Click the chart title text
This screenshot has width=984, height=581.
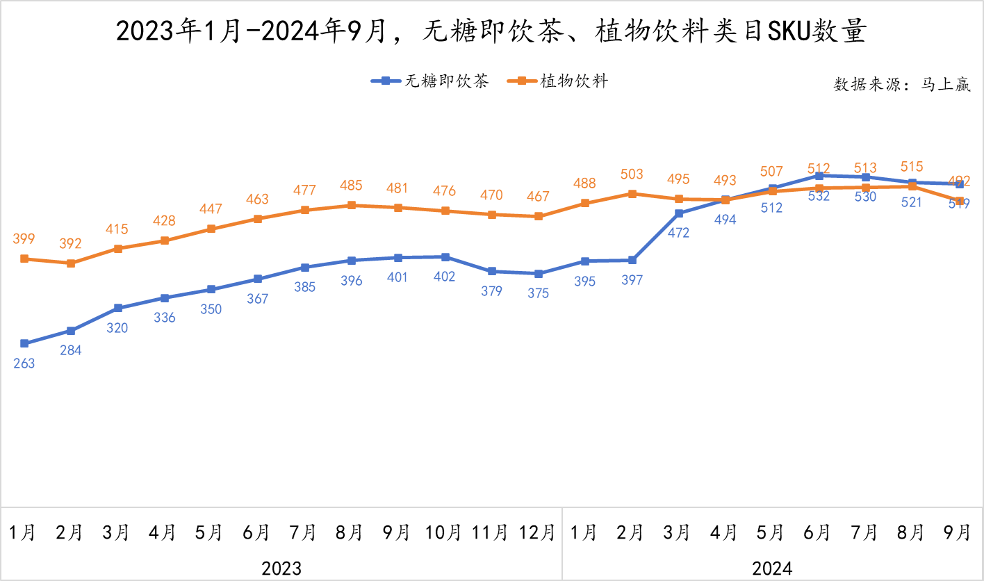(x=491, y=32)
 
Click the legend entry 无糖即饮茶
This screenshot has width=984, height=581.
(x=430, y=81)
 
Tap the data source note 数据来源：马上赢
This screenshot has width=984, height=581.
(x=902, y=85)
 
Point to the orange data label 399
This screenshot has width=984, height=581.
(x=24, y=239)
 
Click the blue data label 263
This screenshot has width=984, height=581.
(x=24, y=363)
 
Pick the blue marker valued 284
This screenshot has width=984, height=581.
(x=71, y=331)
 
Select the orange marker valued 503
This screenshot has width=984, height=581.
(x=632, y=193)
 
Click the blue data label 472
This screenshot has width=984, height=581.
(x=678, y=233)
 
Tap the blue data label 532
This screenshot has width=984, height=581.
(x=819, y=196)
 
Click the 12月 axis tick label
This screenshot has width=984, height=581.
(x=538, y=532)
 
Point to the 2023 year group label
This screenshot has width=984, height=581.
(x=281, y=568)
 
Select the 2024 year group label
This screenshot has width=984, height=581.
(x=772, y=568)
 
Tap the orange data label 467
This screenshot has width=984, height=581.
(x=538, y=197)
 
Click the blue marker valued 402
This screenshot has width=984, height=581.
(x=445, y=257)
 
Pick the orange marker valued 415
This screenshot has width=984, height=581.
(x=118, y=248)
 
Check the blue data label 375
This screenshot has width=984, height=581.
(x=538, y=293)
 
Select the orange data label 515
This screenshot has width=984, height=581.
(x=911, y=167)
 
